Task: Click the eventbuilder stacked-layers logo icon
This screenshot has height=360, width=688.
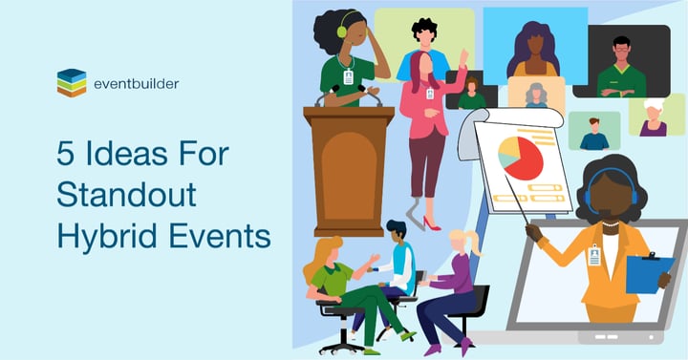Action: (x=72, y=83)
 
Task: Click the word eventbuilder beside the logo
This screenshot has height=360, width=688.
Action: (x=137, y=84)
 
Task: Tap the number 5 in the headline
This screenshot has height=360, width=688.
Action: (x=65, y=154)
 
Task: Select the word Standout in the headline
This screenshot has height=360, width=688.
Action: (x=126, y=194)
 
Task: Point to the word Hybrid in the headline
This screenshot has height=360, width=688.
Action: (x=107, y=237)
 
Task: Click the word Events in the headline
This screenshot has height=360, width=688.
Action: (x=220, y=236)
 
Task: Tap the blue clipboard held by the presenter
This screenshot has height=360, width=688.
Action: (x=650, y=274)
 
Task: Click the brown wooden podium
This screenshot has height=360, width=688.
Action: (x=349, y=170)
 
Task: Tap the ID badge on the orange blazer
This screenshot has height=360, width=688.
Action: (x=594, y=256)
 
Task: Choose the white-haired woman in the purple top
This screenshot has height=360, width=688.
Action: (x=654, y=117)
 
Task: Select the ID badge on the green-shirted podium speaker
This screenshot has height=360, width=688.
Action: (x=349, y=76)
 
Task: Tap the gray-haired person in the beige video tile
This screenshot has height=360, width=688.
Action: (x=536, y=95)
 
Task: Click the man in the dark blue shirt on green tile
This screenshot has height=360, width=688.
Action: (x=594, y=135)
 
